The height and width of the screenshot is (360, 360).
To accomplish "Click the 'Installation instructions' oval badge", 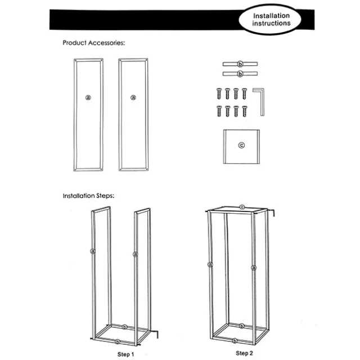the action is pos(270,20).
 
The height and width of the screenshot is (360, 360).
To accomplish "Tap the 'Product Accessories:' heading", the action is pos(94,43).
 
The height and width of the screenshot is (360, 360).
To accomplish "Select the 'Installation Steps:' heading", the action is pos(89,196).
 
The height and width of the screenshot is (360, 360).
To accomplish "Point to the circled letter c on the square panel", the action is pos(241,145).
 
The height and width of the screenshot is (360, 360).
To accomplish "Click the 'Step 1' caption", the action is pos(125,354).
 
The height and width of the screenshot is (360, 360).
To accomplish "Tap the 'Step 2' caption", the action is pos(244,353).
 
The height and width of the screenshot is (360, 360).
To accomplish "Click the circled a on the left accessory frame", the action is pos(88,97).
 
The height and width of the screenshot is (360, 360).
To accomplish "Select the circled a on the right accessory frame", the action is pos(133,97).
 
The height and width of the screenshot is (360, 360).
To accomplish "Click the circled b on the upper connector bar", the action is pos(240,64).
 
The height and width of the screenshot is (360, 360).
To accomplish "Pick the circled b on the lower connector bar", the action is pos(240,74).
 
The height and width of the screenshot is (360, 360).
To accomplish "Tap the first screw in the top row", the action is pos(219,94).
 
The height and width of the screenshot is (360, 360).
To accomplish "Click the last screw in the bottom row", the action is pos(245,111).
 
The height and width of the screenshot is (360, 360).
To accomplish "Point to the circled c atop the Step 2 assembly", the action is pos(242,207).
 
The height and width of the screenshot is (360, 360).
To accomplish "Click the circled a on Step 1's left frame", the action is pos(93,251).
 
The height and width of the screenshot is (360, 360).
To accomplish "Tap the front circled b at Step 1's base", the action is pos(118,342).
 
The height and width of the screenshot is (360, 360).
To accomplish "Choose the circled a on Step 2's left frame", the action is pos(210,265).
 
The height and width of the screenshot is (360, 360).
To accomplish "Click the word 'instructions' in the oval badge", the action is pos(271,24).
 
